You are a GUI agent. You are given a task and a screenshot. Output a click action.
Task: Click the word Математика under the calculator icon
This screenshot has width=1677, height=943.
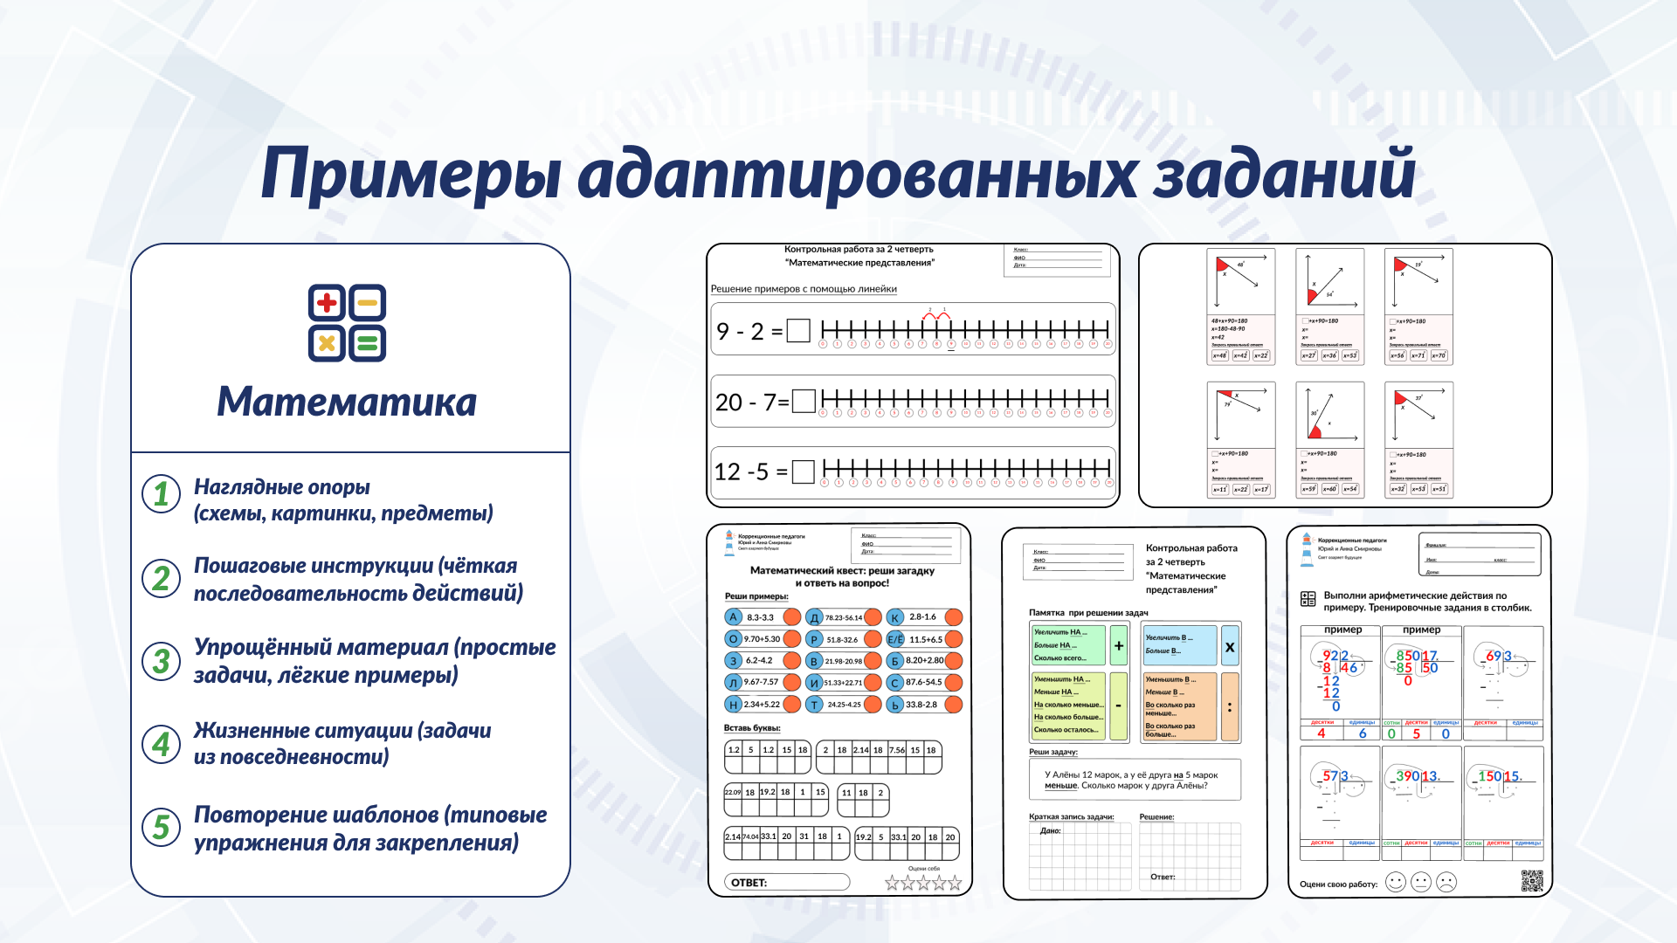(x=347, y=402)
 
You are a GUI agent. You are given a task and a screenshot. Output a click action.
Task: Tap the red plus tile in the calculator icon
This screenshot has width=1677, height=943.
(x=327, y=303)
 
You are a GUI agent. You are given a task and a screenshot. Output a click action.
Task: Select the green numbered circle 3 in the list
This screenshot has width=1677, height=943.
(x=161, y=661)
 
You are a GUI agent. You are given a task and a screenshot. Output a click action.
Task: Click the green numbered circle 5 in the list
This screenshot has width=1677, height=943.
(x=161, y=826)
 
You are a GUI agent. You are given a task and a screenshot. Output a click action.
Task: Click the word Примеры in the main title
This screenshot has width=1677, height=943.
(x=411, y=174)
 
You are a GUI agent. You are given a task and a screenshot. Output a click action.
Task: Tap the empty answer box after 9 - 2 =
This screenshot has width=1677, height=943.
(x=798, y=331)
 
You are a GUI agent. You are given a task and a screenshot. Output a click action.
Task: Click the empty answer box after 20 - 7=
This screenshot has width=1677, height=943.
(x=804, y=402)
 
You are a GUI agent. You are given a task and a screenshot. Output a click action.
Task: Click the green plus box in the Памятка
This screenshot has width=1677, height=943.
(x=1119, y=646)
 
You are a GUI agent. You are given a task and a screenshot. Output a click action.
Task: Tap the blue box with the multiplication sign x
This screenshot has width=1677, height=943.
(x=1230, y=647)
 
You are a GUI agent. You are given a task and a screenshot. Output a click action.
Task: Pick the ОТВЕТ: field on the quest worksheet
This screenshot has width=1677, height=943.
(x=787, y=883)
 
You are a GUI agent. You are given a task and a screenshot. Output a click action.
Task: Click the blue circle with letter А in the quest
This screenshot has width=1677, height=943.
(x=734, y=617)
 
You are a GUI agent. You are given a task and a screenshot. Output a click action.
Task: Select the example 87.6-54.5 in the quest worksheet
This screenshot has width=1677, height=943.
(x=923, y=683)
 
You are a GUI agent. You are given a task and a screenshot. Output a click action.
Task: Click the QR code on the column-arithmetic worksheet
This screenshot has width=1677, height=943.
(x=1532, y=881)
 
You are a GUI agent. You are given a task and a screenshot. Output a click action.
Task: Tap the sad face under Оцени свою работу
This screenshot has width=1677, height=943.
(x=1446, y=883)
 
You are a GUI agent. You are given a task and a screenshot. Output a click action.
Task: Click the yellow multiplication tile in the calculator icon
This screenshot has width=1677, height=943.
(x=327, y=343)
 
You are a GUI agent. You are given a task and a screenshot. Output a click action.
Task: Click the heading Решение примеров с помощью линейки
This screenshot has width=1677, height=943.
(x=804, y=289)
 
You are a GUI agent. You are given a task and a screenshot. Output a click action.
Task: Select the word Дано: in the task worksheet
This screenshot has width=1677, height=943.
(x=1050, y=830)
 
